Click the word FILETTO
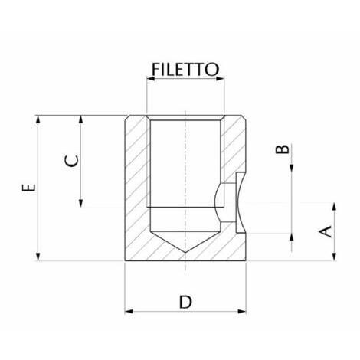185,69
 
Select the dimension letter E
29,188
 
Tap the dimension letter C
71,161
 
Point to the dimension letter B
283,149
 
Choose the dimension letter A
325,231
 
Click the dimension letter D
185,302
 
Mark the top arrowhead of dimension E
38,119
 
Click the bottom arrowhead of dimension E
38,257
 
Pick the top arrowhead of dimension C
81,119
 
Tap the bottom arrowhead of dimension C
81,203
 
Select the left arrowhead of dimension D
129,311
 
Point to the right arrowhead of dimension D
242,311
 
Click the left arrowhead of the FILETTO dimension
151,79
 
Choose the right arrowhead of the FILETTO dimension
220,79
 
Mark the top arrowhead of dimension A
334,207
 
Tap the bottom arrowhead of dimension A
334,257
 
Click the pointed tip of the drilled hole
185,253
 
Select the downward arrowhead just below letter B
292,169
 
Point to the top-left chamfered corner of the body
126,118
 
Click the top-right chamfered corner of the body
244,118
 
